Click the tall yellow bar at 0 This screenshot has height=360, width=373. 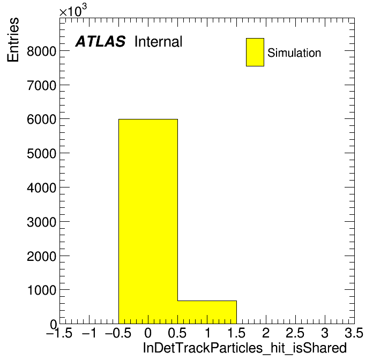point(148,221)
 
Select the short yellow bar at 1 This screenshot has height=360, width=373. point(207,312)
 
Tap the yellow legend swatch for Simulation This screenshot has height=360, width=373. point(255,52)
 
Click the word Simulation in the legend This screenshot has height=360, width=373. point(294,53)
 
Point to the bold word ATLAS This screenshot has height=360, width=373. point(100,41)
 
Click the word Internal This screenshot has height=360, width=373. point(159,41)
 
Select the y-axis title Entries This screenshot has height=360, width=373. point(13,40)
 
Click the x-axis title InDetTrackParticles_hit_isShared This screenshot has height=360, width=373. point(245,348)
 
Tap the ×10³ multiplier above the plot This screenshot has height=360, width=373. point(73,10)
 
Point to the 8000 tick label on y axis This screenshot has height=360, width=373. point(41,51)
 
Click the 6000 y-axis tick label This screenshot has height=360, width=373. point(41,119)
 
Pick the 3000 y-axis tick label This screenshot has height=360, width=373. point(41,222)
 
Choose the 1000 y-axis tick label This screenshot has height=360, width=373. point(42,290)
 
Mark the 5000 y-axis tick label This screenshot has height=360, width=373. point(41,154)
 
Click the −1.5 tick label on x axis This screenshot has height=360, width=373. point(59,333)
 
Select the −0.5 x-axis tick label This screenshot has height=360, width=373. point(118,333)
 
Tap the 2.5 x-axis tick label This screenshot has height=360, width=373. point(295,333)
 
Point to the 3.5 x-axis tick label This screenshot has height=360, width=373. point(354,333)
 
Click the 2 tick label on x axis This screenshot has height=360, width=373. point(266,333)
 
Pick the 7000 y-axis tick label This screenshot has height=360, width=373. point(41,85)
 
